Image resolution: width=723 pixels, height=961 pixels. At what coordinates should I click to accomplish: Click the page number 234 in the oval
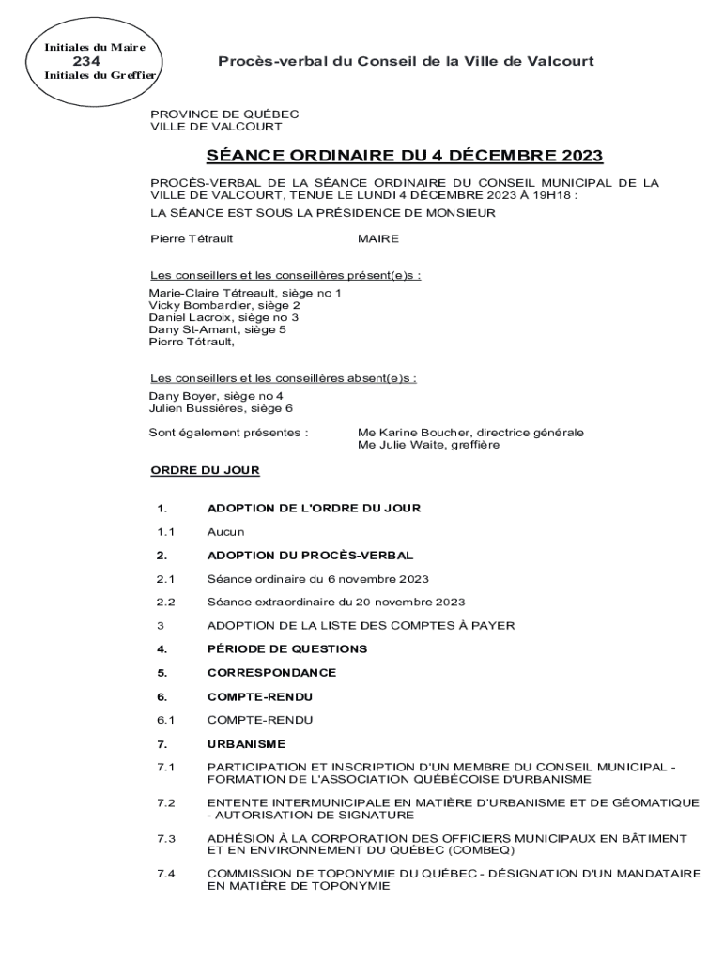[x=88, y=61]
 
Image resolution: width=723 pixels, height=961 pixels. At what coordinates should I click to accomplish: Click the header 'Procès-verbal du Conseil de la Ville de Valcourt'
[x=406, y=61]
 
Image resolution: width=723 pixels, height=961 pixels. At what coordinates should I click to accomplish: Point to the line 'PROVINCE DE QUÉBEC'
[x=224, y=114]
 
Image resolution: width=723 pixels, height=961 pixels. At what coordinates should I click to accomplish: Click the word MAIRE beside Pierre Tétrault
[x=378, y=238]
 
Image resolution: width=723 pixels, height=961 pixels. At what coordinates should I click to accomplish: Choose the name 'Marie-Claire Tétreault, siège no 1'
[x=245, y=293]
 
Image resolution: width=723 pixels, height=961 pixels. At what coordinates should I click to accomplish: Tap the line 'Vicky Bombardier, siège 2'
[x=224, y=305]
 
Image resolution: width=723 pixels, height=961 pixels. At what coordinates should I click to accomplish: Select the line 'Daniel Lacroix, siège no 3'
[x=223, y=317]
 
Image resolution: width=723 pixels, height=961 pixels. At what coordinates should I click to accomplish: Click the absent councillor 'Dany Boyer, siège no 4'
[x=215, y=396]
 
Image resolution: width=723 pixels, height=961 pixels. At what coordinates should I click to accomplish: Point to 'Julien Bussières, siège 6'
[x=221, y=408]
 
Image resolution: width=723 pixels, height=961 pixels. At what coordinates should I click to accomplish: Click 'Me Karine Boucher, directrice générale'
[x=470, y=433]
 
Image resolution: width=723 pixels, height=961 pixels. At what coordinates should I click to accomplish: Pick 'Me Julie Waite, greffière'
[x=428, y=445]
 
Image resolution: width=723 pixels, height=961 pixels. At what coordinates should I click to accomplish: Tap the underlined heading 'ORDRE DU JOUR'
[x=205, y=470]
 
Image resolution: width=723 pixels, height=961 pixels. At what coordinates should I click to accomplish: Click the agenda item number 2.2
[x=166, y=602]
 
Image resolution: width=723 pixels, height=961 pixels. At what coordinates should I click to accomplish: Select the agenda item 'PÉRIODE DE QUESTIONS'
[x=286, y=648]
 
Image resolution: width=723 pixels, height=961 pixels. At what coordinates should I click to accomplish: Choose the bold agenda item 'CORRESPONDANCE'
[x=271, y=672]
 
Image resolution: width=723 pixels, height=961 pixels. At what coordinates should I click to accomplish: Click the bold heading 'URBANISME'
[x=246, y=743]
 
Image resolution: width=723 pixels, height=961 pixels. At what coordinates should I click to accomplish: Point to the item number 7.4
[x=166, y=874]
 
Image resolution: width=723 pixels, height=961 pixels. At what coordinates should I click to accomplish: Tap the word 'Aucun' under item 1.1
[x=225, y=531]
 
